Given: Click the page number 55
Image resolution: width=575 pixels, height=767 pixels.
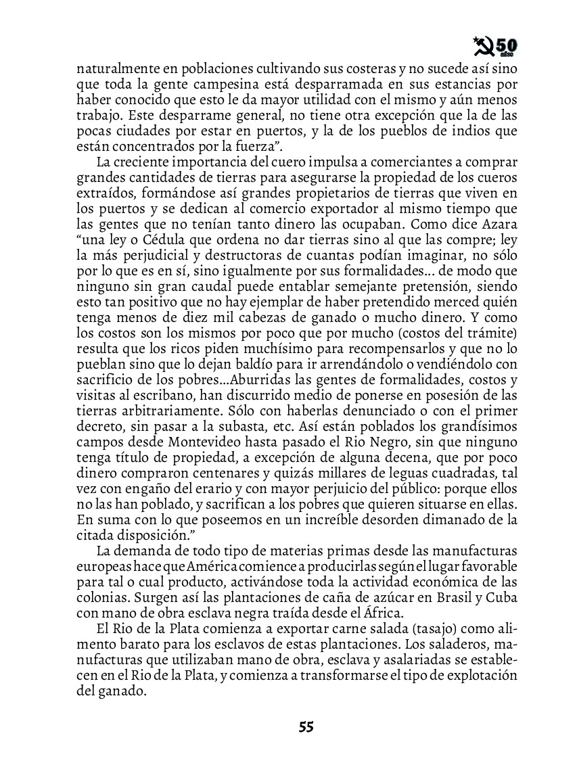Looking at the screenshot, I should coord(306,727).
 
